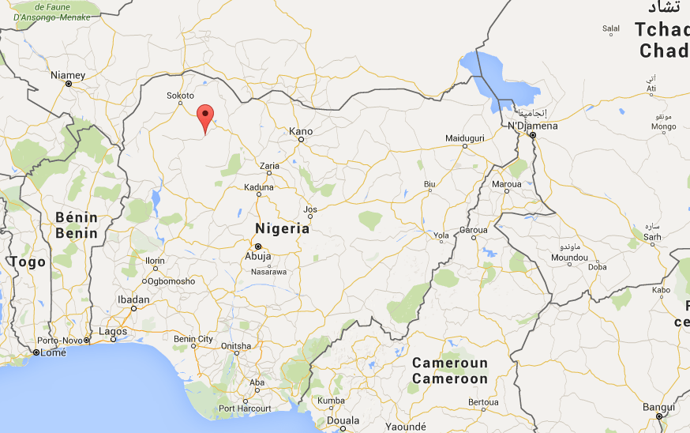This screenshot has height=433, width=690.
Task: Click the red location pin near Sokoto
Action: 205,116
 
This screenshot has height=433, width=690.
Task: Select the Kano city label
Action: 301,131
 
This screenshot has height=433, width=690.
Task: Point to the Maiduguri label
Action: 464,137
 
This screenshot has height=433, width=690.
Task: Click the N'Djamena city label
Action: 533,126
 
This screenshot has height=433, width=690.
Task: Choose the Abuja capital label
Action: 257,256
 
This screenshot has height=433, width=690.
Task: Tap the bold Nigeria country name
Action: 282,228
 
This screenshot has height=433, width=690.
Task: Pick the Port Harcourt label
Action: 245,409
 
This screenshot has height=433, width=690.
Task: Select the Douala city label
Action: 343,420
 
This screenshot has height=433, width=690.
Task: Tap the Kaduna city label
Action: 259,188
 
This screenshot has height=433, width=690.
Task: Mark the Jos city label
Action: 310,209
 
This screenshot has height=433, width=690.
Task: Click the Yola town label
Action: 441,235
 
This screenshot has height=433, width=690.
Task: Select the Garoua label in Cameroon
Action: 474,230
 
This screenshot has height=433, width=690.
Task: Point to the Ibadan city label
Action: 133,299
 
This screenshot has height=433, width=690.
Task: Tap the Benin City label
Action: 193,339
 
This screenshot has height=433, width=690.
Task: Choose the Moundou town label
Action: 569,258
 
